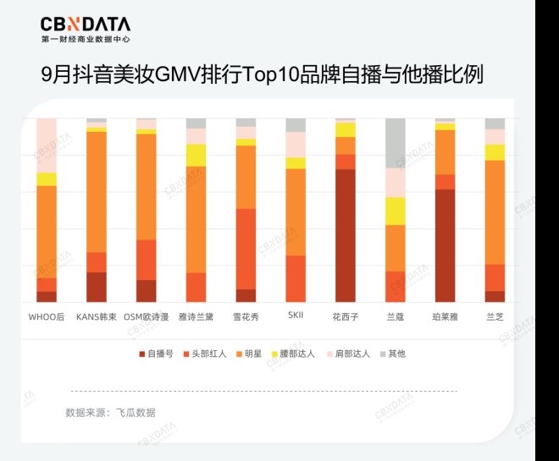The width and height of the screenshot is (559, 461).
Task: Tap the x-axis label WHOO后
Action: click(x=47, y=316)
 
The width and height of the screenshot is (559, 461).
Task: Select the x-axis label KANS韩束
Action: click(x=96, y=316)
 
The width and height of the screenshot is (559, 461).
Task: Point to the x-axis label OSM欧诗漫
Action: click(x=147, y=316)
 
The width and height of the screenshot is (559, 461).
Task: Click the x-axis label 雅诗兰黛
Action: click(x=196, y=316)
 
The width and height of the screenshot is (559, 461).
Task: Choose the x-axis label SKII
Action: click(x=296, y=316)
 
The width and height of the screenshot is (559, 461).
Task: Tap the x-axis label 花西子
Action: click(x=345, y=316)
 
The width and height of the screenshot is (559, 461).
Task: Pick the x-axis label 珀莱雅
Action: click(x=445, y=316)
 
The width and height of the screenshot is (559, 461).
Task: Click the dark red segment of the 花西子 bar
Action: click(x=345, y=235)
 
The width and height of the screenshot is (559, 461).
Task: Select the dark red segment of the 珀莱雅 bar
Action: click(x=445, y=245)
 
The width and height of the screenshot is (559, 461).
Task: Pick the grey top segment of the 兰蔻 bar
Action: click(x=395, y=143)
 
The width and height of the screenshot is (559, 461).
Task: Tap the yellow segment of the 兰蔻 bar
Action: click(x=395, y=211)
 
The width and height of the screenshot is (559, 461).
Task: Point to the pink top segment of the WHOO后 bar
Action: click(x=47, y=145)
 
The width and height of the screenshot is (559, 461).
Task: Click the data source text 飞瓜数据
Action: click(x=136, y=413)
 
